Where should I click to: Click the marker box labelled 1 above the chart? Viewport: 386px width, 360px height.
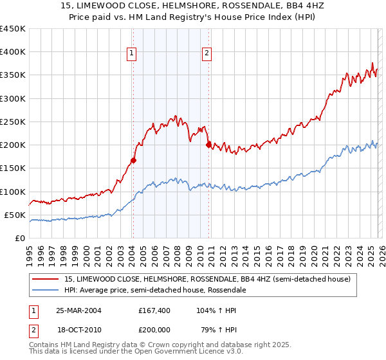tap(131, 54)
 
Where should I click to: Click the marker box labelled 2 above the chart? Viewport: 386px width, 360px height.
tap(207, 54)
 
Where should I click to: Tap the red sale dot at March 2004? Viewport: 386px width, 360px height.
tap(133, 160)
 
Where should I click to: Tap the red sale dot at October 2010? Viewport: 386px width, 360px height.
tap(208, 145)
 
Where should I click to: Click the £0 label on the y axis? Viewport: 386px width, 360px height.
tap(19, 238)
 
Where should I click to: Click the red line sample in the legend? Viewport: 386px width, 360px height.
tap(46, 280)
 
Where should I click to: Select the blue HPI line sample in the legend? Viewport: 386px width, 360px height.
tap(46, 291)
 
